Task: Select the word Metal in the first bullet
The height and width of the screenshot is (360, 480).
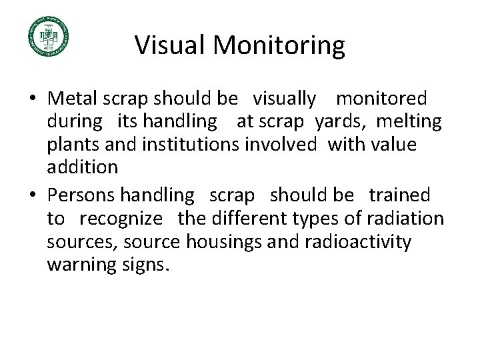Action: (x=72, y=99)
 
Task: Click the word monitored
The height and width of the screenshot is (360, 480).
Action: (x=381, y=99)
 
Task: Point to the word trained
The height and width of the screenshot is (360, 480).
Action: (x=399, y=195)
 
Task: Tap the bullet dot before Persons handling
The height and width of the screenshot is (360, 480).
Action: (x=33, y=196)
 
